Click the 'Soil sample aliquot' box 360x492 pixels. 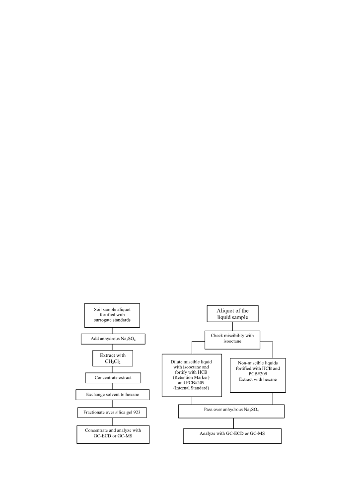(112, 315)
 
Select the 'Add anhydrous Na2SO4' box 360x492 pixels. (113, 339)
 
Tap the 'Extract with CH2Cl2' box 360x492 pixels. (113, 358)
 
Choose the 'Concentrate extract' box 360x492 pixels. (113, 378)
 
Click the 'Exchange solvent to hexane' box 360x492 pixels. (112, 395)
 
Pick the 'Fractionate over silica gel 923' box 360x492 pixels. (112, 412)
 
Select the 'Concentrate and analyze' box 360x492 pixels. (113, 434)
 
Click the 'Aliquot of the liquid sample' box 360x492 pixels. (232, 313)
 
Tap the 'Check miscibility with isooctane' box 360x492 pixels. (232, 340)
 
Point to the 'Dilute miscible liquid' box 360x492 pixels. (192, 375)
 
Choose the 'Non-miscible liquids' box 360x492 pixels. (258, 375)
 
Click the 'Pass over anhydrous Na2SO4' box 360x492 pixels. (231, 411)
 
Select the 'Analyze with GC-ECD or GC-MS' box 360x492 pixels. (232, 436)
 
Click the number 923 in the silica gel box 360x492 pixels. (137, 412)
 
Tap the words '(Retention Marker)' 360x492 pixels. (191, 377)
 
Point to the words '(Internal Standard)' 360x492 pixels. (191, 388)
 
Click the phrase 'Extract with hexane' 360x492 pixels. (258, 379)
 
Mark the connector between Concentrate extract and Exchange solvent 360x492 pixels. (112, 386)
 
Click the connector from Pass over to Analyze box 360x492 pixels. (233, 423)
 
